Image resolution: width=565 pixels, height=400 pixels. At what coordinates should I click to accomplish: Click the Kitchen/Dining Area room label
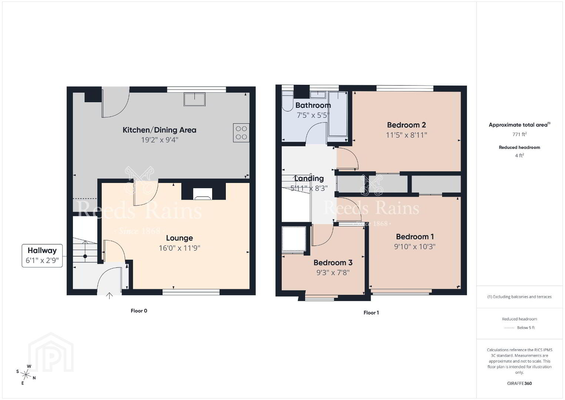click(160, 130)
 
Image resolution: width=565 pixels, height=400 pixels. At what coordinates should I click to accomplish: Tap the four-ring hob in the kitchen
click(241, 133)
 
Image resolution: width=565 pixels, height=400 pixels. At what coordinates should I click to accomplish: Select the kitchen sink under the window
click(194, 99)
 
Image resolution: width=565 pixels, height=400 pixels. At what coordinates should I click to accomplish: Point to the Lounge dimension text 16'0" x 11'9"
click(179, 248)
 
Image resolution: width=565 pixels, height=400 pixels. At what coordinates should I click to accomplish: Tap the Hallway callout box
click(42, 256)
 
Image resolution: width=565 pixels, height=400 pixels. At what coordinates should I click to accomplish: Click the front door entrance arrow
click(109, 296)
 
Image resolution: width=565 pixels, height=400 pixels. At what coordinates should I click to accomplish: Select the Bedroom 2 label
click(406, 125)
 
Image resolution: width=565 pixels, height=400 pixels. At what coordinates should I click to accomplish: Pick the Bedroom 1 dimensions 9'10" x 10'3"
click(415, 247)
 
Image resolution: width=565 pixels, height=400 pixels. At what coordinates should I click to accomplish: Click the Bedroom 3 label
click(333, 263)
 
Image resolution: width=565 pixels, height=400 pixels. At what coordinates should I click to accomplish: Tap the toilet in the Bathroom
click(287, 101)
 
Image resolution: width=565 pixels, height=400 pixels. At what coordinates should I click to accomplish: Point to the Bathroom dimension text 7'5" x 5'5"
click(313, 115)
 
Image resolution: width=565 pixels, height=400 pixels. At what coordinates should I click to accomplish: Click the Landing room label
click(309, 179)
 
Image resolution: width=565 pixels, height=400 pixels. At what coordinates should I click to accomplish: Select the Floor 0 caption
click(139, 311)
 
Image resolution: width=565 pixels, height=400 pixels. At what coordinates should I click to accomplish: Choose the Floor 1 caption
click(371, 313)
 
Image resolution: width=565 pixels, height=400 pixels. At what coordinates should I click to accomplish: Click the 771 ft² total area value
click(519, 134)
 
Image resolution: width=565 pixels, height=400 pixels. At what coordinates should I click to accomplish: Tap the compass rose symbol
click(26, 375)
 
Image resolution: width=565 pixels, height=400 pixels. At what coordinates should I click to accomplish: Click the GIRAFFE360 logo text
click(519, 383)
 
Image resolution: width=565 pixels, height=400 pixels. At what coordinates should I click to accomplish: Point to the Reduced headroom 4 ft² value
click(519, 155)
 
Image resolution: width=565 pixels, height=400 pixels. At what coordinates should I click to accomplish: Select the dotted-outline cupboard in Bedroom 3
click(294, 239)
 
